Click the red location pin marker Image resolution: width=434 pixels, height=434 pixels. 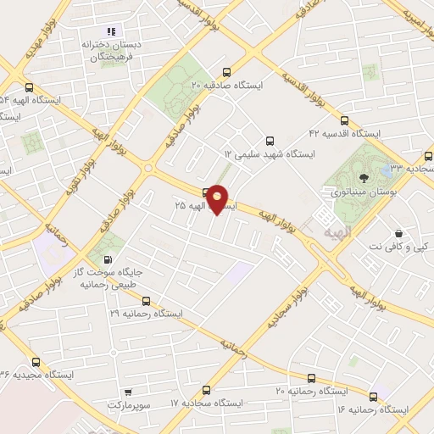(218, 199)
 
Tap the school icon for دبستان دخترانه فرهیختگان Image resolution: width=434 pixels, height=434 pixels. (110, 31)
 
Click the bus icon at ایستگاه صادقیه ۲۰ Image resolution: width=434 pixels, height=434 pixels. (225, 72)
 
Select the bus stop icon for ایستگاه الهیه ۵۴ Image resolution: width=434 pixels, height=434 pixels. (31, 86)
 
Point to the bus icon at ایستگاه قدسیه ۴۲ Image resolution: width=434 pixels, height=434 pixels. (344, 120)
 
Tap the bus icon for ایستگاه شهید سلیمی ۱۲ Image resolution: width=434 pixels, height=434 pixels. (270, 141)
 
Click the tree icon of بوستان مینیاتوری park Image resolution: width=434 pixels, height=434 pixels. (364, 178)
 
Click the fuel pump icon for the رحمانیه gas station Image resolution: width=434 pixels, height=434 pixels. (107, 260)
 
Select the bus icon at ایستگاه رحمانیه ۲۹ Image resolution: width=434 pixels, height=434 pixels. (147, 300)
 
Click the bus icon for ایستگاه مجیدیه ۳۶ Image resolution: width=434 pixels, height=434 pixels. (35, 362)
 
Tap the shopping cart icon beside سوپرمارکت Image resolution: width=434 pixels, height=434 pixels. (127, 392)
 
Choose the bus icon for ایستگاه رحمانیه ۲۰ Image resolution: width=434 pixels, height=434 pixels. (311, 377)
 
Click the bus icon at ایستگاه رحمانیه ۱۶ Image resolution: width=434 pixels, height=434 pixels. (373, 396)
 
